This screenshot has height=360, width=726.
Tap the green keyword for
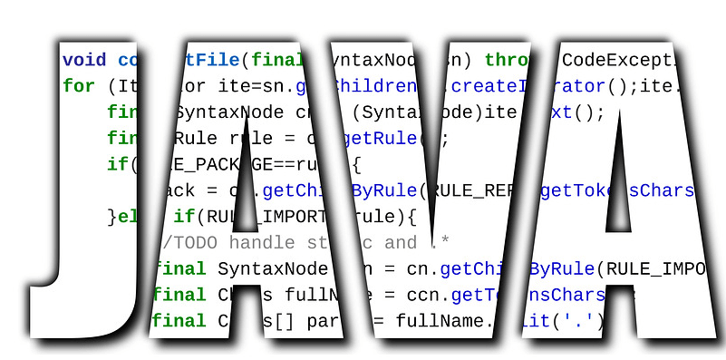(x=79, y=87)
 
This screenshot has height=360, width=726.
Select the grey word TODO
(x=196, y=243)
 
